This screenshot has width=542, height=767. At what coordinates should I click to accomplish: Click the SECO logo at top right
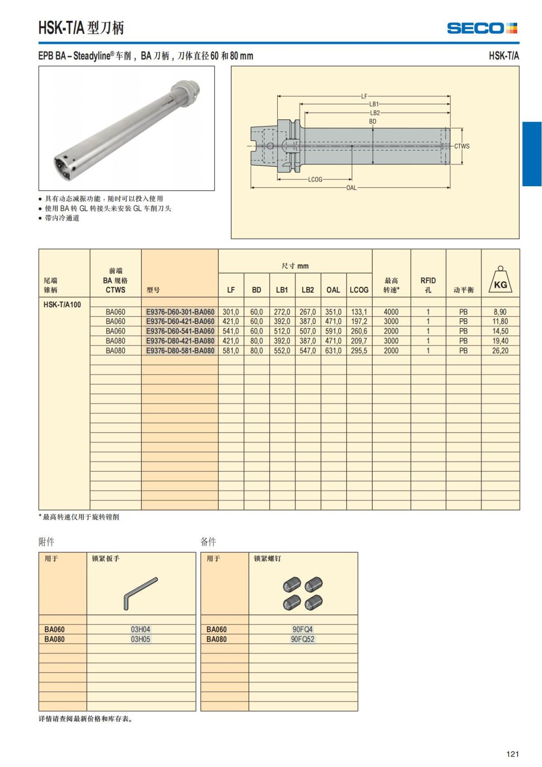click(x=482, y=28)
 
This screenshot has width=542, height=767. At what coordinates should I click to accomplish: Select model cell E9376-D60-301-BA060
click(x=180, y=312)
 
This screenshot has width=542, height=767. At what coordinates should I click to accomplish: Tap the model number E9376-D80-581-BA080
click(x=180, y=351)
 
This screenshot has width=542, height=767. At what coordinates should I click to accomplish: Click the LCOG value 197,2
click(x=359, y=321)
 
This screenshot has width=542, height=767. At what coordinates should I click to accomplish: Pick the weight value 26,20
click(x=500, y=351)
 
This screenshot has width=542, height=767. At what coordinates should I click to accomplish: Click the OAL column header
click(x=333, y=290)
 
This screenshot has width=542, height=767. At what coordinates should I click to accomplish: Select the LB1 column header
click(x=282, y=290)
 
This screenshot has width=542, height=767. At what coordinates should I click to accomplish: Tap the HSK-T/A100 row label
click(x=62, y=304)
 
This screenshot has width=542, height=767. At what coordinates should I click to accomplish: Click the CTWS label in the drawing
click(x=462, y=146)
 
